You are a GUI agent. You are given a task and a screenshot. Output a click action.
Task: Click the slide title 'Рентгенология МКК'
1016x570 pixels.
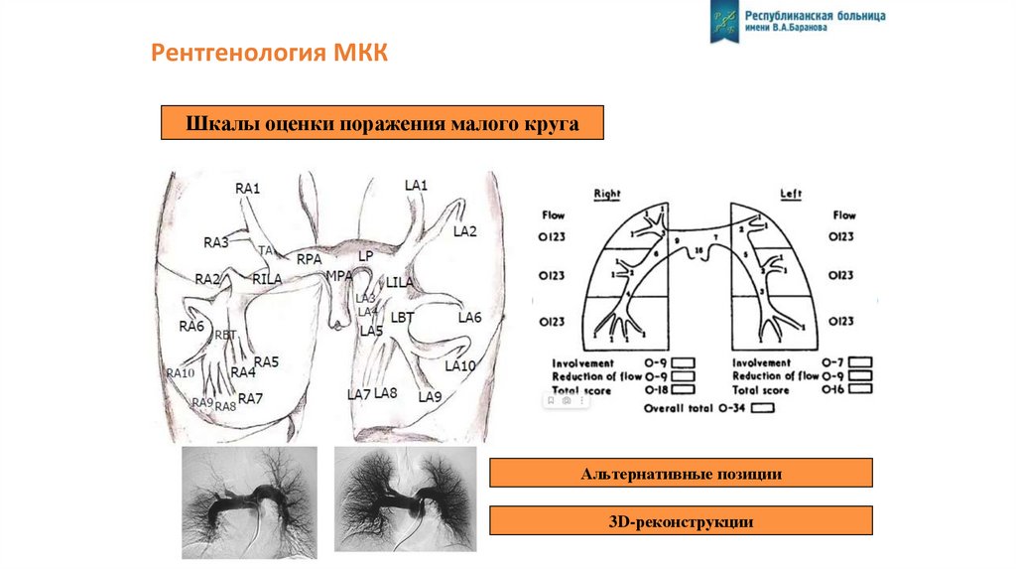click(x=269, y=53)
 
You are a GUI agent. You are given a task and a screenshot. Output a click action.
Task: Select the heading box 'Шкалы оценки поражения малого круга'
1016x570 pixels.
click(x=382, y=124)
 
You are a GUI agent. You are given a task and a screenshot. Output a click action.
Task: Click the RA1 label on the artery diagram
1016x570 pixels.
click(x=247, y=188)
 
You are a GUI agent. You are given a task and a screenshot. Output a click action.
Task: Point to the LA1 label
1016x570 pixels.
click(x=416, y=185)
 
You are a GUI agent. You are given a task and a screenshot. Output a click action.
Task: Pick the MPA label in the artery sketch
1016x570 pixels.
click(x=339, y=274)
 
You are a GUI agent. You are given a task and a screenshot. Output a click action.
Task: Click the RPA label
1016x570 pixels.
click(x=310, y=258)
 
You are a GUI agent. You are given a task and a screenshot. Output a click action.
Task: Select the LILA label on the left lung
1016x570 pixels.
click(x=400, y=283)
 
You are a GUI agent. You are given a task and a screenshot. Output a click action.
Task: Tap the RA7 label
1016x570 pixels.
click(x=250, y=399)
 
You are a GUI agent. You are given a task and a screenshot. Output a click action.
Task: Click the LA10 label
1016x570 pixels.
click(x=460, y=365)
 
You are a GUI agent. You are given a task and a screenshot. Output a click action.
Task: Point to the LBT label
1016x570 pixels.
click(x=402, y=318)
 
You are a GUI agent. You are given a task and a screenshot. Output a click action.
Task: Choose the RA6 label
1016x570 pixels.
click(x=191, y=326)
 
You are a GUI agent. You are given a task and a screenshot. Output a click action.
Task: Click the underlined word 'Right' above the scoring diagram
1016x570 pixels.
click(x=607, y=194)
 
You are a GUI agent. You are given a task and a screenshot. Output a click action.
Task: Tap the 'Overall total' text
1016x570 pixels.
click(x=678, y=407)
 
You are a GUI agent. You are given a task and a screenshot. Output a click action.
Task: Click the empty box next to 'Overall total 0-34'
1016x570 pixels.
click(x=763, y=407)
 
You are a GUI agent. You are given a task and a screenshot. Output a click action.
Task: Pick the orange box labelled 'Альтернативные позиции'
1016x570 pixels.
click(x=682, y=473)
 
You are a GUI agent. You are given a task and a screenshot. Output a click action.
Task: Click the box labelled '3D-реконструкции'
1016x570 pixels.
click(x=682, y=520)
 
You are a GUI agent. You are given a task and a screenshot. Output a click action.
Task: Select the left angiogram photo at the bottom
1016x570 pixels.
click(x=250, y=496)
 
